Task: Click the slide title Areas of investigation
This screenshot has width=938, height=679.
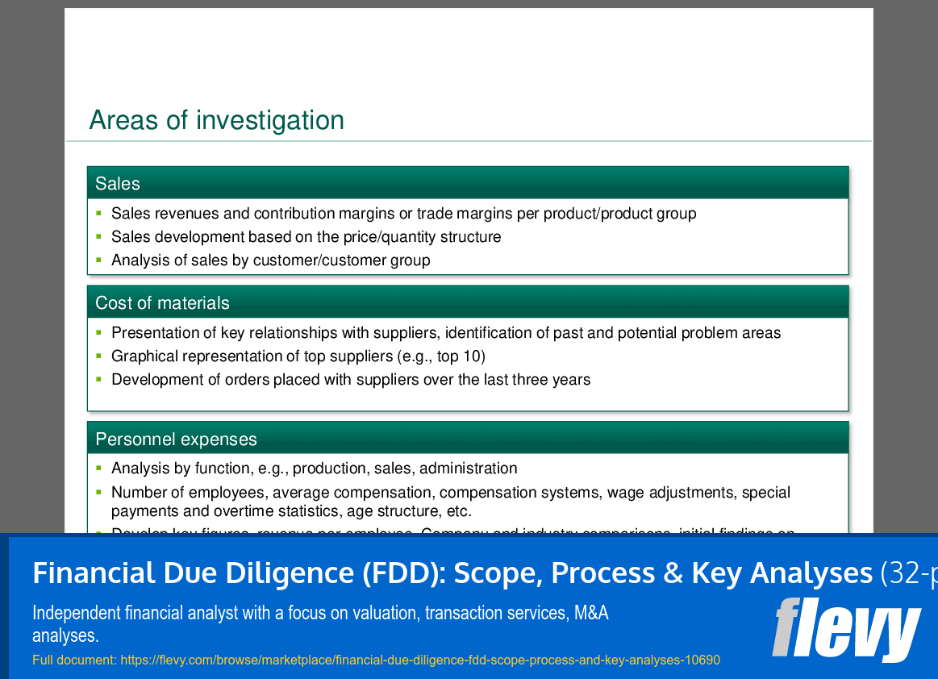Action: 216,120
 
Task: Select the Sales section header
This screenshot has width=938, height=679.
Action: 118,184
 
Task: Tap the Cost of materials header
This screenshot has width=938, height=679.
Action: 162,303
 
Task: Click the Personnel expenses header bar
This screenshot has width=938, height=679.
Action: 176,439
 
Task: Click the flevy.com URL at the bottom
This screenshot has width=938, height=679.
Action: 419,660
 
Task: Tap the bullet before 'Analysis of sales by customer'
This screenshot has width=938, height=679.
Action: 98,260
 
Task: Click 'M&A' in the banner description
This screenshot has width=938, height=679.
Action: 591,613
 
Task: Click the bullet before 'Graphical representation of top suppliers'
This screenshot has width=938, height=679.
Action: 98,356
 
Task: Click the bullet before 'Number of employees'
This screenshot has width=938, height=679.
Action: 98,492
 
